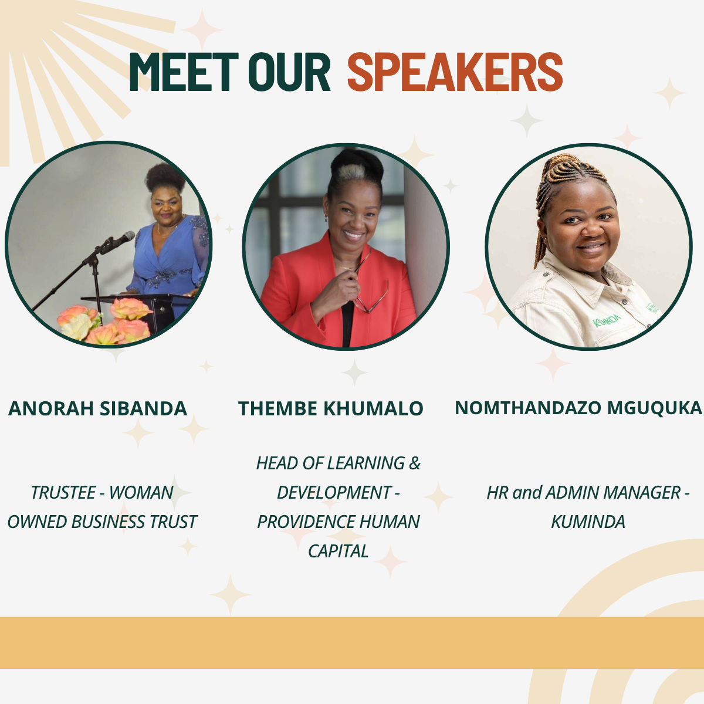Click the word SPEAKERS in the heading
coord(455,72)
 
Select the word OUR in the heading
coord(289,72)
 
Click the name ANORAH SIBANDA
coord(97,408)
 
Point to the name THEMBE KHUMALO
coord(331,408)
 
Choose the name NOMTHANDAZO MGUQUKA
coord(578,408)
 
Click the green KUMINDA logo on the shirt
coord(607,320)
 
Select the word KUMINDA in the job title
coord(588,522)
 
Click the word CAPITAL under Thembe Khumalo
coord(338,551)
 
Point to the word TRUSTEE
coord(63,492)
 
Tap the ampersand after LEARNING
coord(414,463)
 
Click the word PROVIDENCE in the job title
coord(306,522)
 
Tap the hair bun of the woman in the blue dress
coord(165,178)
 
